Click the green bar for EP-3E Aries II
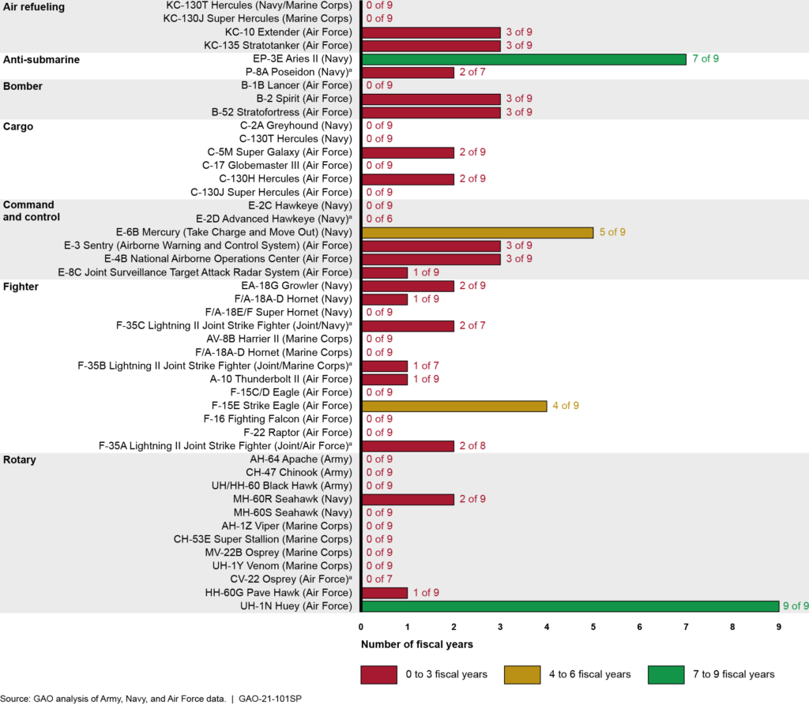pyautogui.click(x=524, y=59)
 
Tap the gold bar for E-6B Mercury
pyautogui.click(x=477, y=232)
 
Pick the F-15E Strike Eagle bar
pyautogui.click(x=454, y=406)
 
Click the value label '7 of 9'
pyautogui.click(x=705, y=59)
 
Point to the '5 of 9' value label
pyautogui.click(x=611, y=232)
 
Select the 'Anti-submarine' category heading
pyautogui.click(x=42, y=59)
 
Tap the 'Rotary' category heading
pyautogui.click(x=21, y=459)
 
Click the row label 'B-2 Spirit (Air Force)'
pyautogui.click(x=303, y=99)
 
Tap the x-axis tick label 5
pyautogui.click(x=593, y=627)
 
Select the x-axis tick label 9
pyautogui.click(x=779, y=627)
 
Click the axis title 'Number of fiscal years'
pyautogui.click(x=417, y=644)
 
